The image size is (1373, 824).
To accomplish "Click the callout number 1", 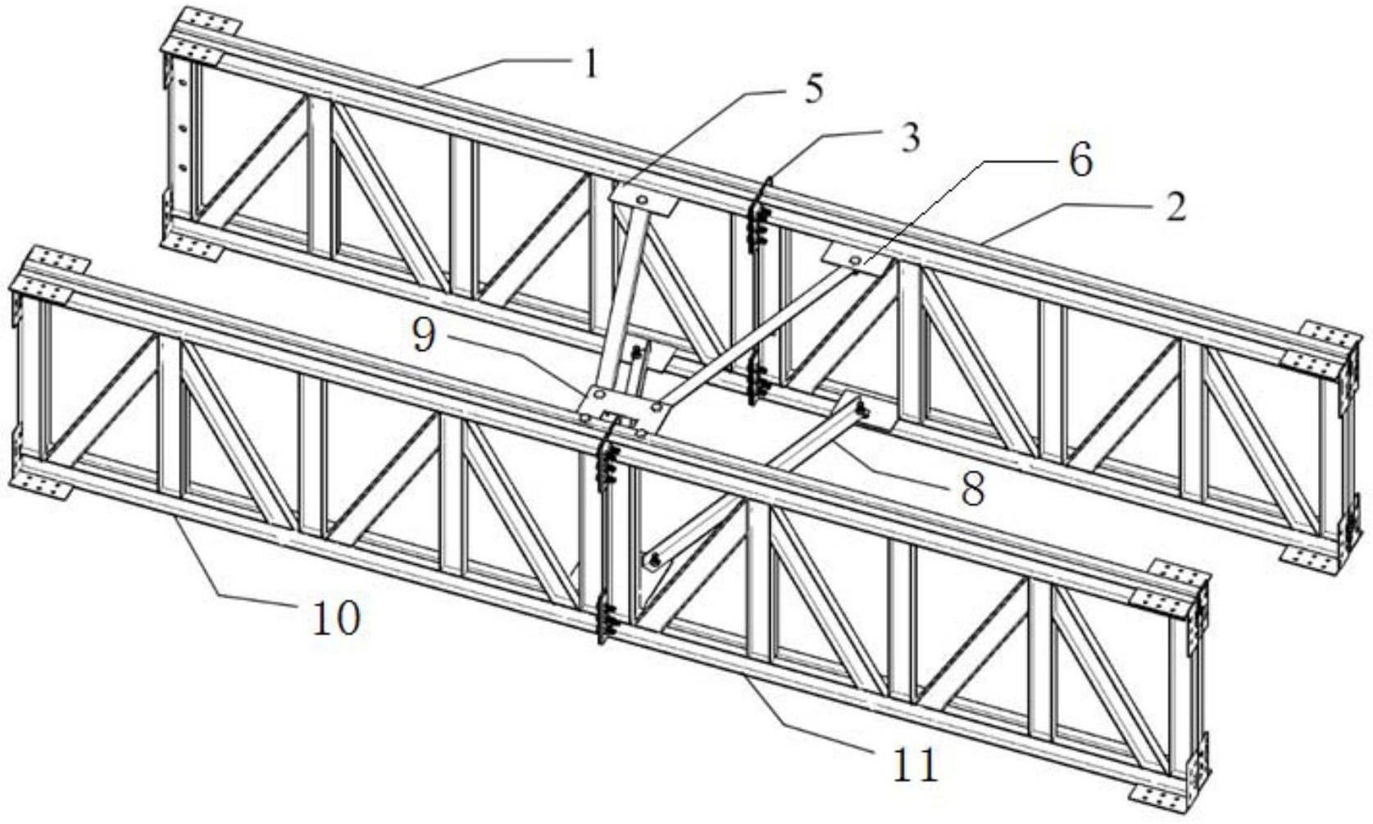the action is pos(589,63).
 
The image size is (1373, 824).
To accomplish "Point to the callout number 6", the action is pos(1081,161).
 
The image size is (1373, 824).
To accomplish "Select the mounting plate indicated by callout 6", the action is pos(856,258).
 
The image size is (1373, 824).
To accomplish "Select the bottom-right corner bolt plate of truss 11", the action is pos(1157,794).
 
